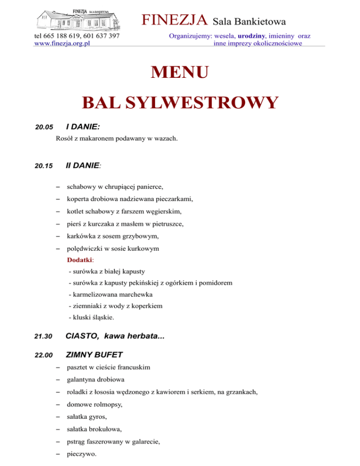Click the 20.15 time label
tap(42, 166)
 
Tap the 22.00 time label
tap(42, 355)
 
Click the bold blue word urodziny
tap(251, 36)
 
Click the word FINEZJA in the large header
tap(175, 20)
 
